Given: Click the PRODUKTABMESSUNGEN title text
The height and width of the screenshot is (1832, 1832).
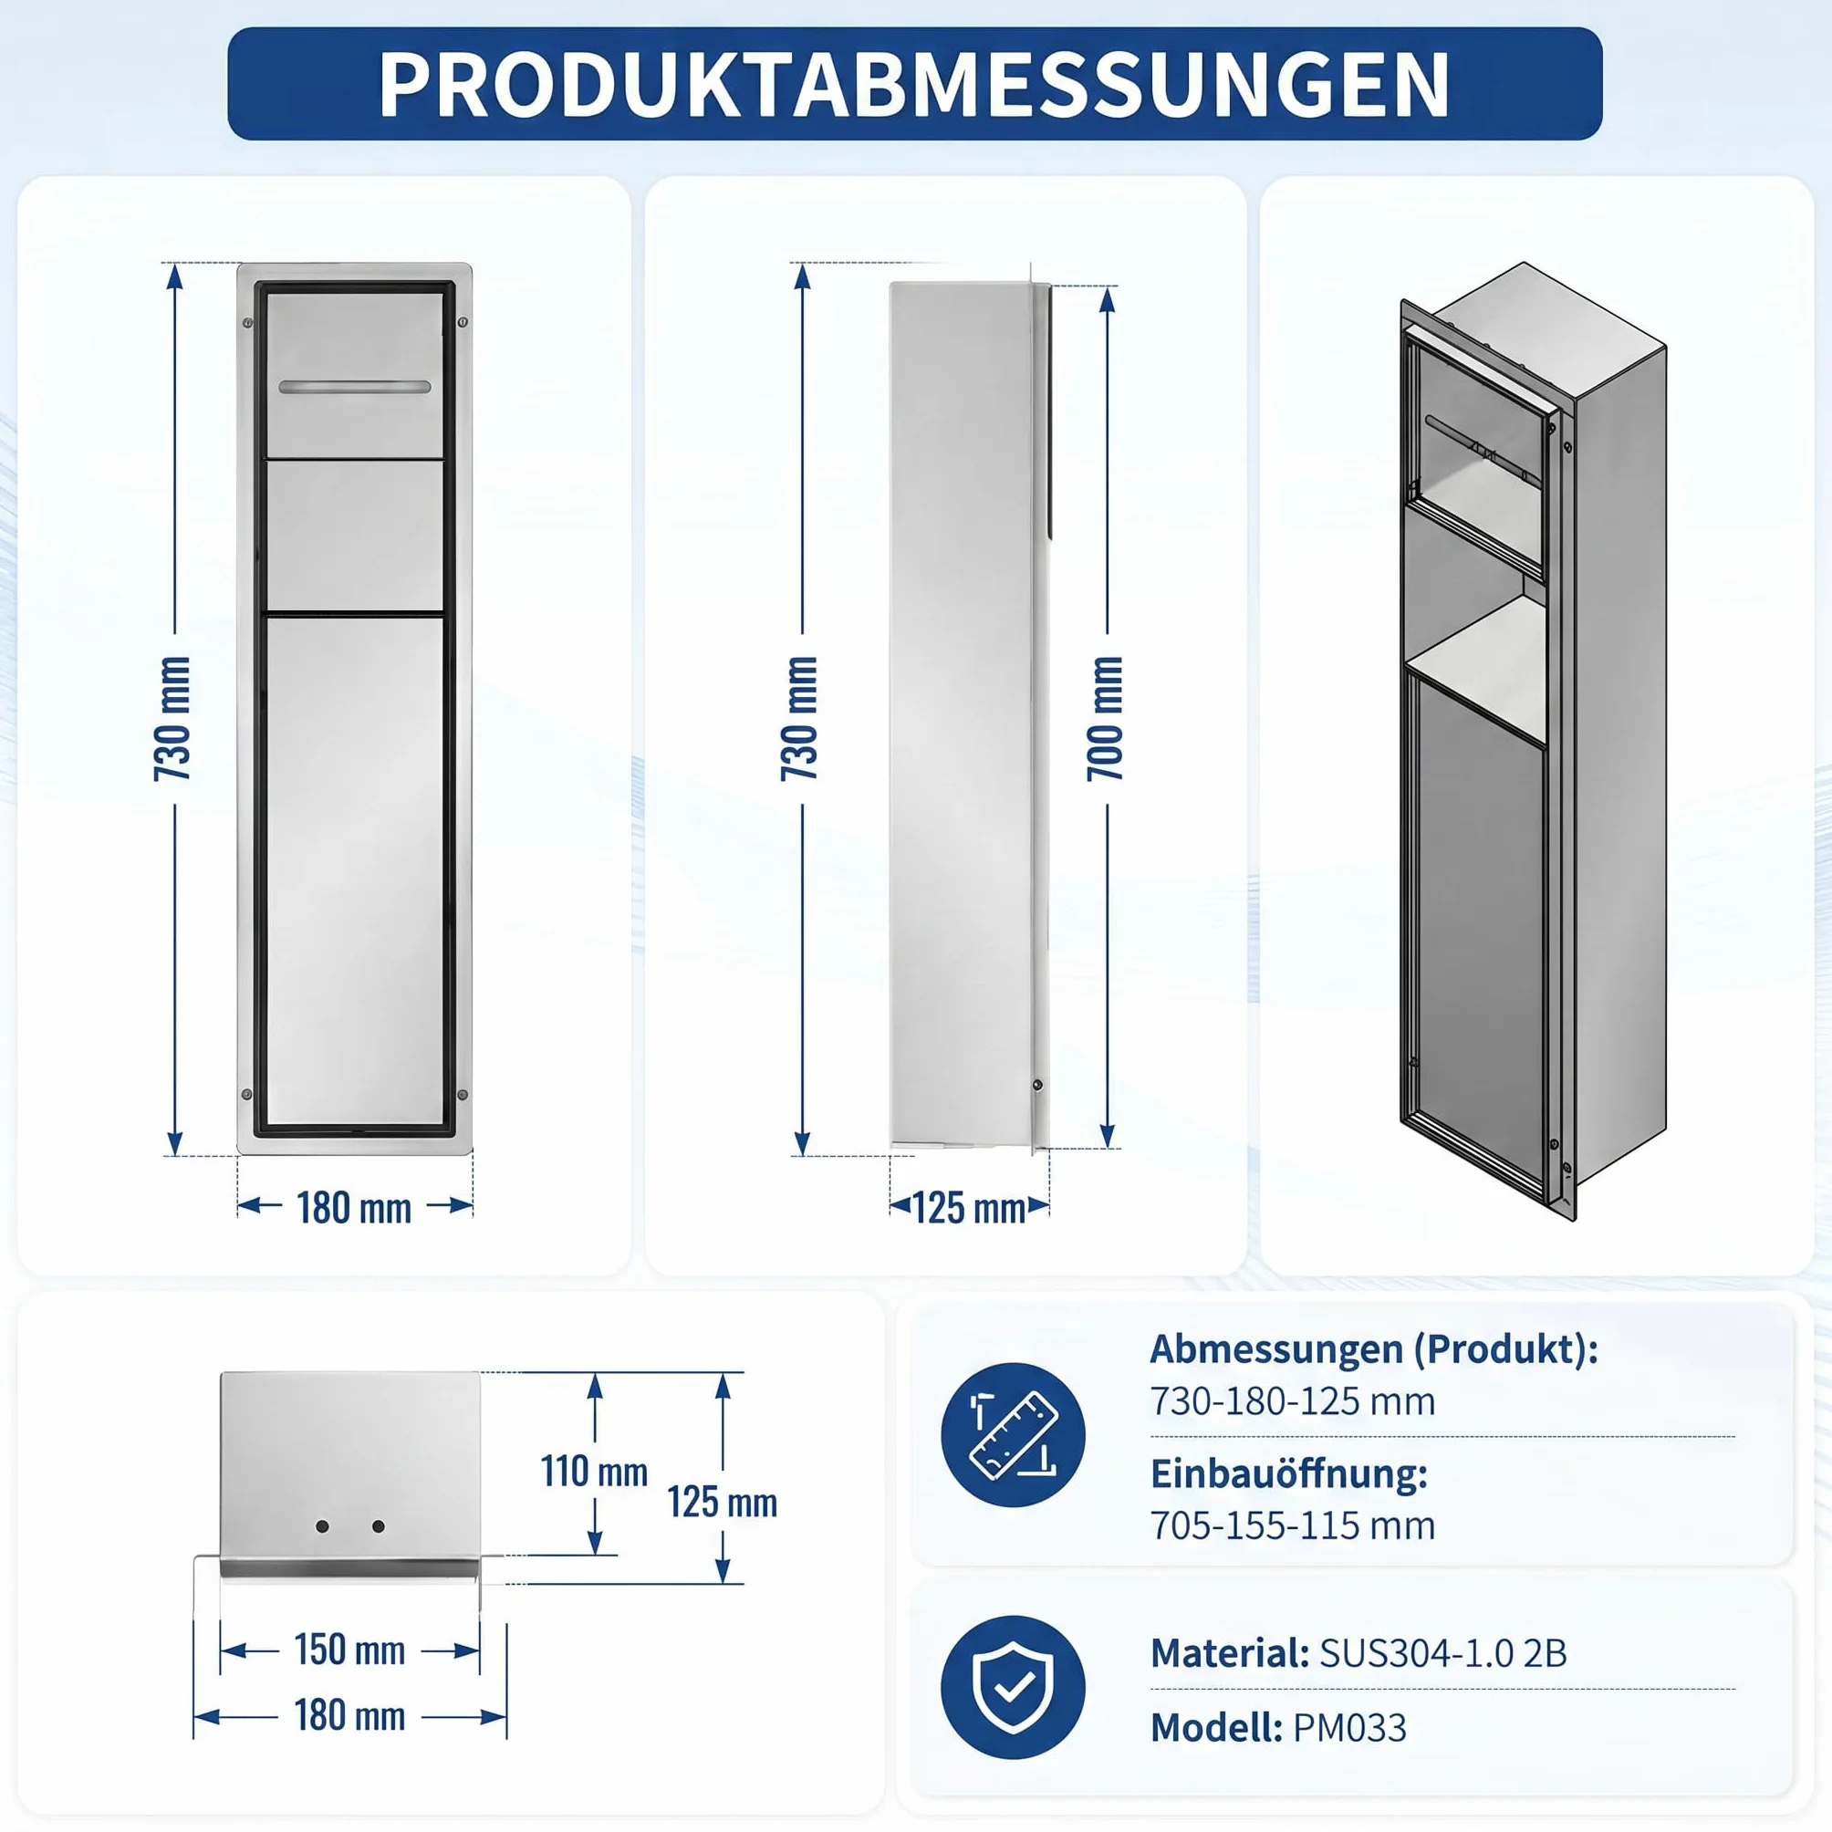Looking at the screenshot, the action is tap(914, 85).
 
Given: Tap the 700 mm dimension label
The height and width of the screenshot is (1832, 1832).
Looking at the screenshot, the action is tap(1106, 718).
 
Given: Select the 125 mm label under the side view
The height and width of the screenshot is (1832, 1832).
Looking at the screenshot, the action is tap(969, 1209).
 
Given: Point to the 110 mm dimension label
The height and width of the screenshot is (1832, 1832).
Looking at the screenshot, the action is tap(595, 1472).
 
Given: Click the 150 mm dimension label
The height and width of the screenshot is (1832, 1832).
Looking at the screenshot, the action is tap(350, 1649).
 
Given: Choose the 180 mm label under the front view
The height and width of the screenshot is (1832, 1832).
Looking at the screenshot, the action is tap(354, 1208).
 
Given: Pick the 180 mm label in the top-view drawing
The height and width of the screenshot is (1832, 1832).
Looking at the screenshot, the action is tap(350, 1715).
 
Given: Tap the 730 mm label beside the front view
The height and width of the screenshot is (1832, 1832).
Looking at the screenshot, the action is tap(172, 718).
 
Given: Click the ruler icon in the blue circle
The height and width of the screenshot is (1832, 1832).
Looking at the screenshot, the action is tap(1013, 1435).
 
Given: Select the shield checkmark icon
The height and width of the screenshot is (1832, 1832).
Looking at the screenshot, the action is tap(1013, 1688).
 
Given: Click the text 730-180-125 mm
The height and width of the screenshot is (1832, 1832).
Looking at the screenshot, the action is tap(1293, 1401).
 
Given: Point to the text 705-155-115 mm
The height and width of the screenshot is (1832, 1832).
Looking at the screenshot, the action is tap(1293, 1525).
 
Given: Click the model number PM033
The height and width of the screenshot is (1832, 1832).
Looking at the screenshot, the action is tap(1350, 1728).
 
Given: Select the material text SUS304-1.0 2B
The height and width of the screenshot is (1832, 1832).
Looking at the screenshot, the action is tap(1443, 1653).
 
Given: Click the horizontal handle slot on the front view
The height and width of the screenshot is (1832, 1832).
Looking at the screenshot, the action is tap(355, 387).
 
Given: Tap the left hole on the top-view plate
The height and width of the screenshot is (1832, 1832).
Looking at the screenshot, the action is tap(322, 1526).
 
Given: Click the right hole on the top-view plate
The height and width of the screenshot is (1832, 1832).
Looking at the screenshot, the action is tap(379, 1526).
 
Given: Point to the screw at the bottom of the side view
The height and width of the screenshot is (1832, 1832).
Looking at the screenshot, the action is tap(1037, 1085).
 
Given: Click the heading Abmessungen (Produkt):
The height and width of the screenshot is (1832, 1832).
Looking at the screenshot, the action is tap(1374, 1349).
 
